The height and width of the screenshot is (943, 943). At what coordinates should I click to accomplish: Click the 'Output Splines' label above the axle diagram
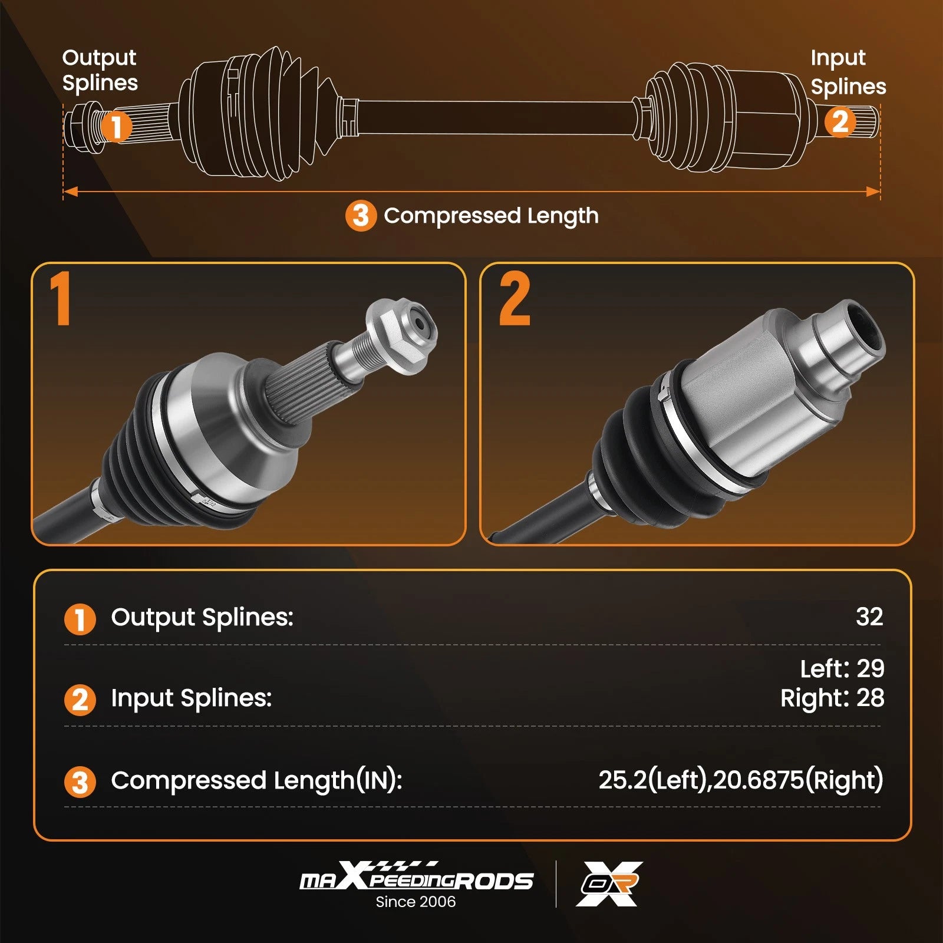[100, 70]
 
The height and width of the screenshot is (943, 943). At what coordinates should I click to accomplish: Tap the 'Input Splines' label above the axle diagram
[848, 72]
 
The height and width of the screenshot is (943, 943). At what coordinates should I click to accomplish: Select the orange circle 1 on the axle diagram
[116, 126]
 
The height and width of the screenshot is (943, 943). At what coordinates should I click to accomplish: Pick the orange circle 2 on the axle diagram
[840, 122]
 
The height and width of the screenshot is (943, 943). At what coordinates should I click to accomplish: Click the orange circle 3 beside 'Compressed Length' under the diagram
[361, 216]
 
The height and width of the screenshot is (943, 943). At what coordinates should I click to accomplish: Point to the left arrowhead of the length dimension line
[70, 192]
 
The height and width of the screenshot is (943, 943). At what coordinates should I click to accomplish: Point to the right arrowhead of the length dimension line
[873, 192]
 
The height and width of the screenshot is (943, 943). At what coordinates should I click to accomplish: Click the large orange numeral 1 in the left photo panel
[61, 298]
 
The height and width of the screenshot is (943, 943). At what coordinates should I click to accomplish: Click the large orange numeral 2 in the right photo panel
[515, 298]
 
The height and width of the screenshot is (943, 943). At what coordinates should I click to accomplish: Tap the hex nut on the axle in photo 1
[401, 337]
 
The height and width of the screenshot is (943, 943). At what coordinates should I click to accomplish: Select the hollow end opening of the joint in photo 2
[865, 328]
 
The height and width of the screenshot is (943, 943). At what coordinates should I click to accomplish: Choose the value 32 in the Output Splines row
[869, 616]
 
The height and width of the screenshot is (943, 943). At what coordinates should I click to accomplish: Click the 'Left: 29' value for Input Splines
[842, 669]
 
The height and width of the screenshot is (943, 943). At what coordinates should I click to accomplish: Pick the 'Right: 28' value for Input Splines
[832, 698]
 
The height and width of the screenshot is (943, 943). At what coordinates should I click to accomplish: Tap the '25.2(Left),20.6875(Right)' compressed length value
[741, 780]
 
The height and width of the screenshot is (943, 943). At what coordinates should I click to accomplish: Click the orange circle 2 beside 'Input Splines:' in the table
[80, 700]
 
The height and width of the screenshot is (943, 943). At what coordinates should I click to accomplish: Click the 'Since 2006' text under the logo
[416, 902]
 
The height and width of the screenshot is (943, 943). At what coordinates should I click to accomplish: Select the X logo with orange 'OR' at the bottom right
[609, 883]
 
